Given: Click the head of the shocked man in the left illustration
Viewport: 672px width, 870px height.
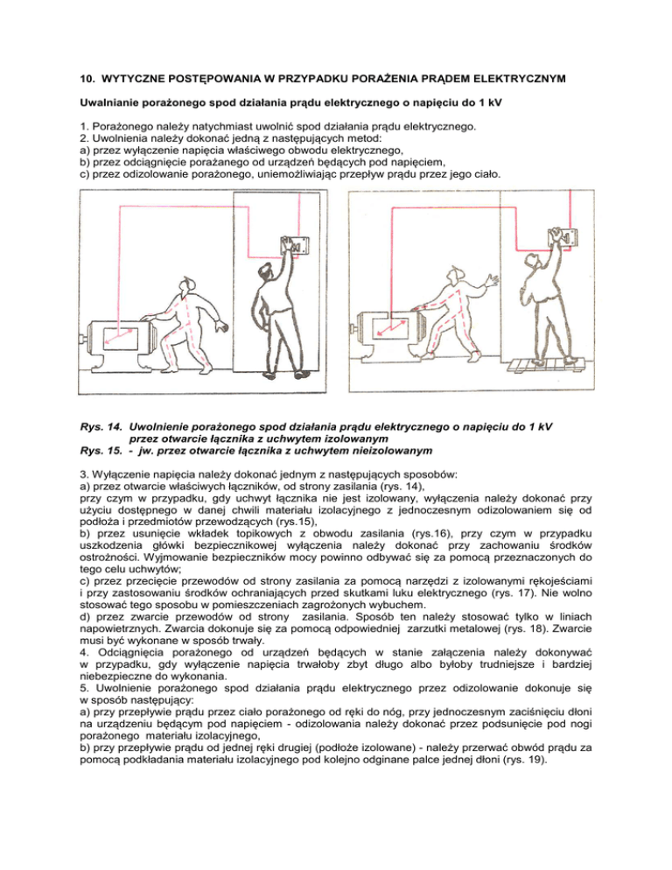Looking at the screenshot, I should point(185,286).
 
